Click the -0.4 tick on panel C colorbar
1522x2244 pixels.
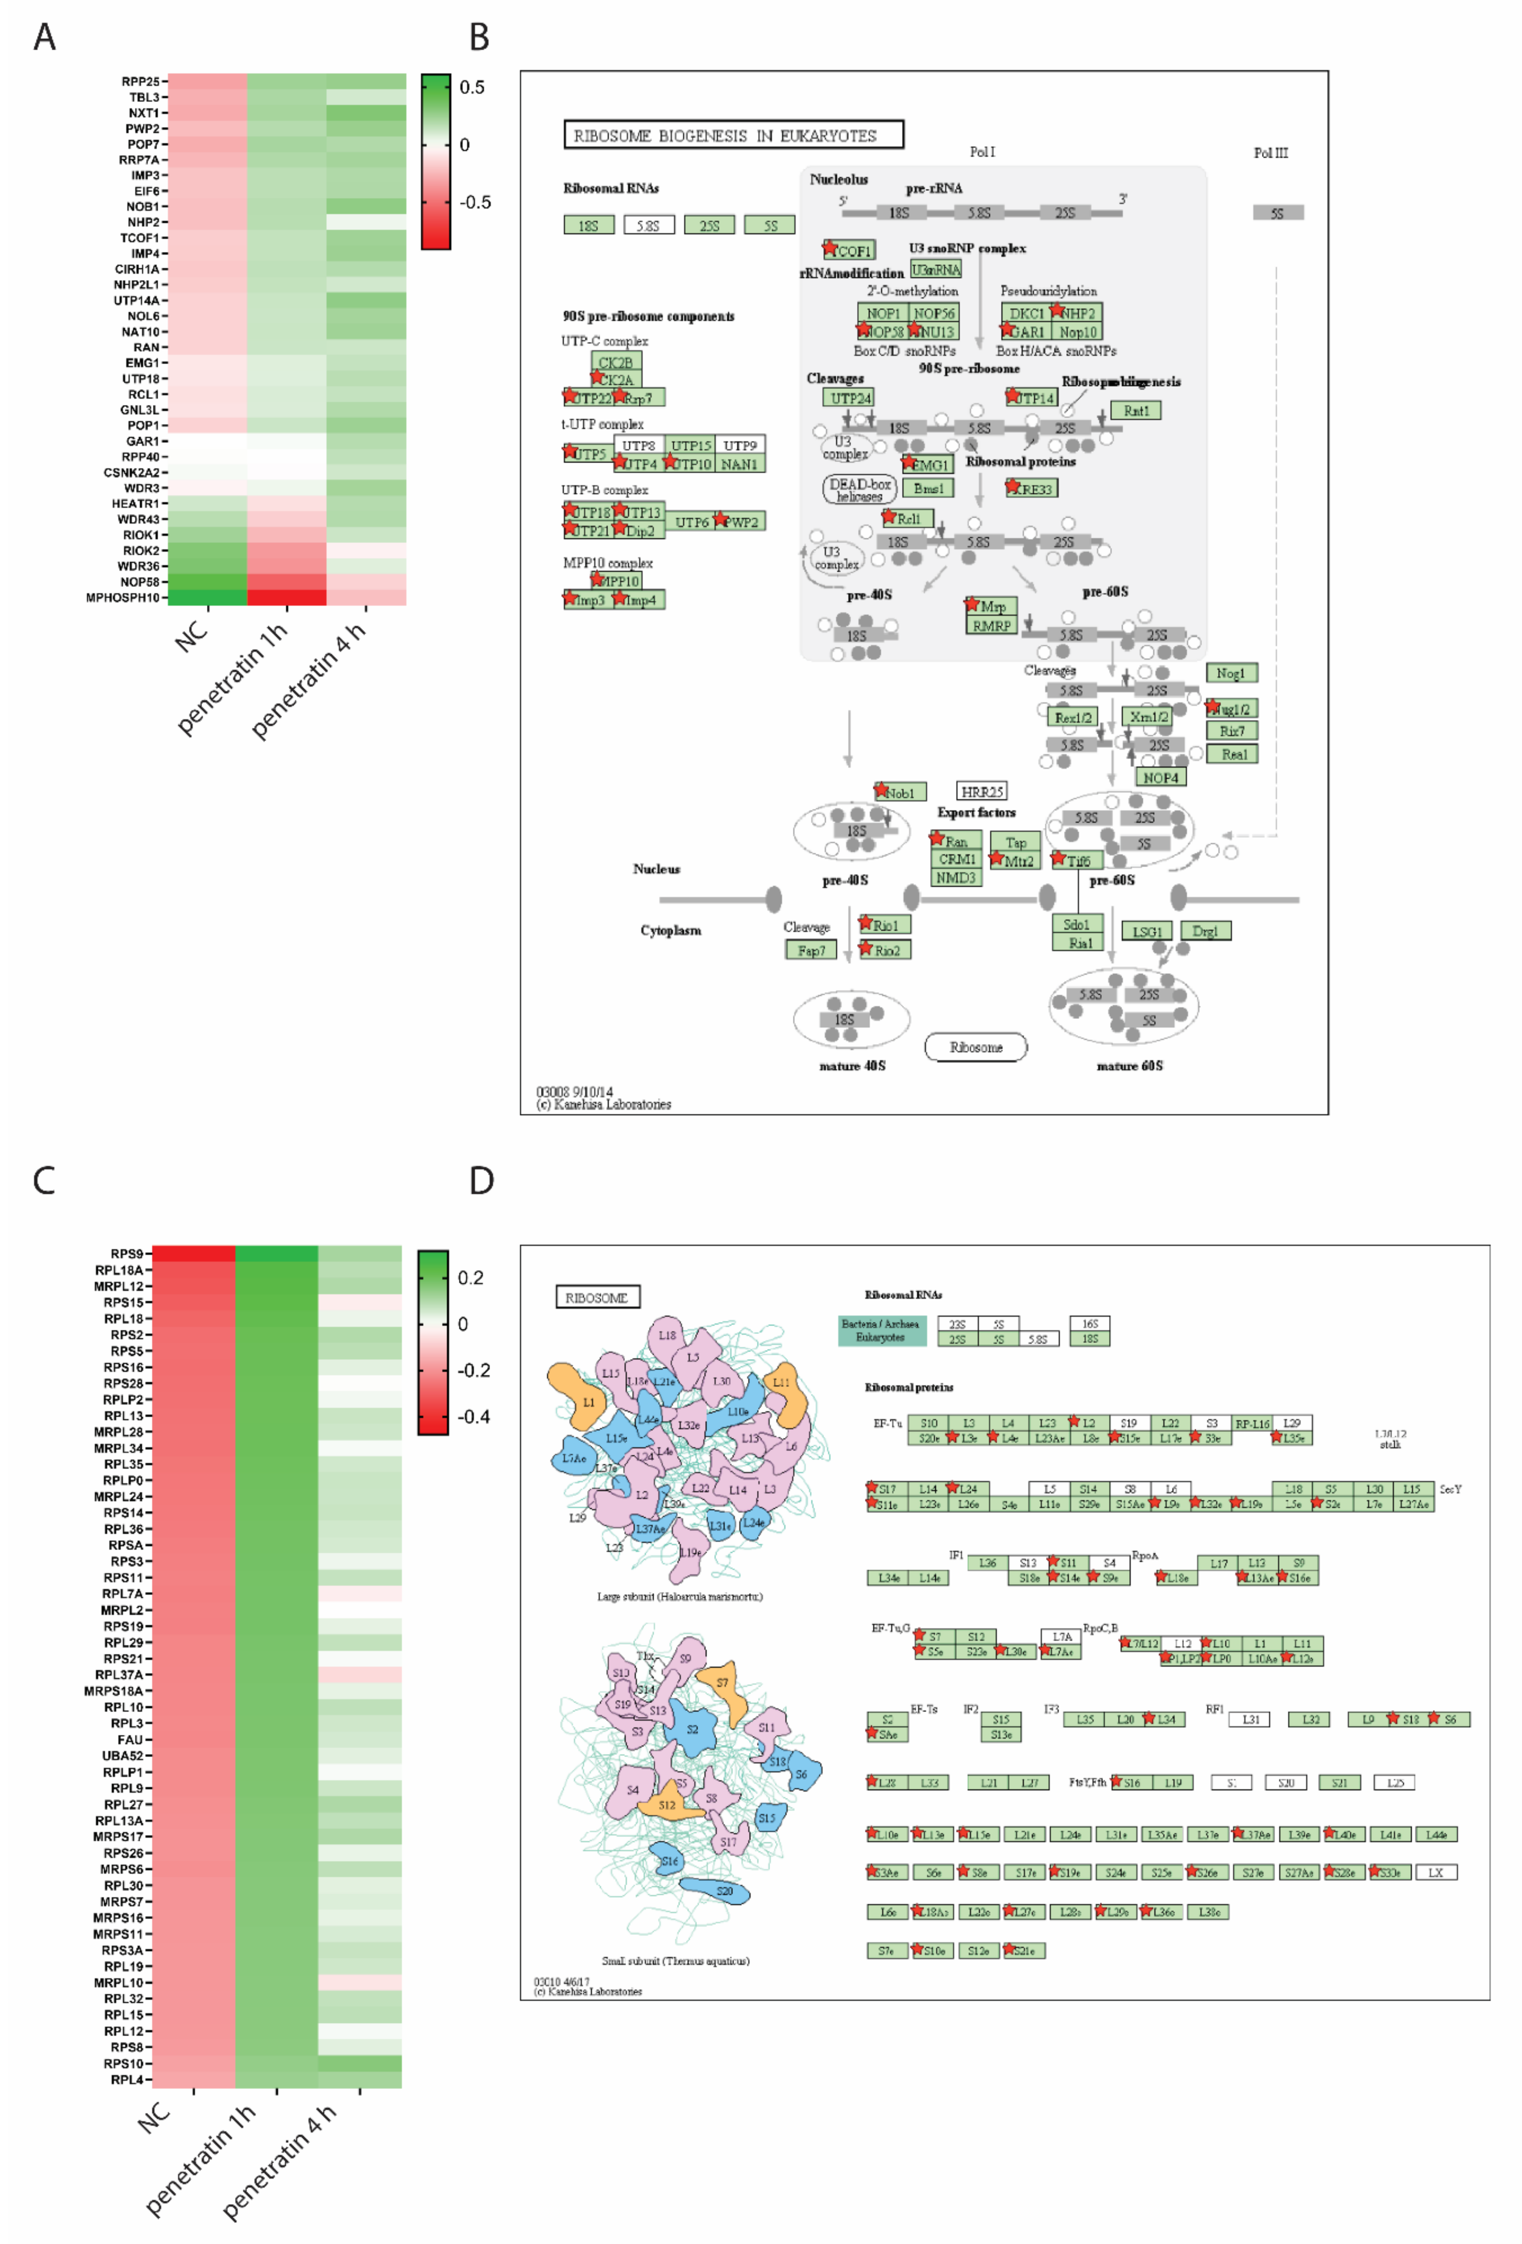click(x=473, y=1416)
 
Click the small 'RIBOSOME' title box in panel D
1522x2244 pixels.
click(x=597, y=1297)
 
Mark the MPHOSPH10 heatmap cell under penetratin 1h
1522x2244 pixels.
click(x=287, y=597)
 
